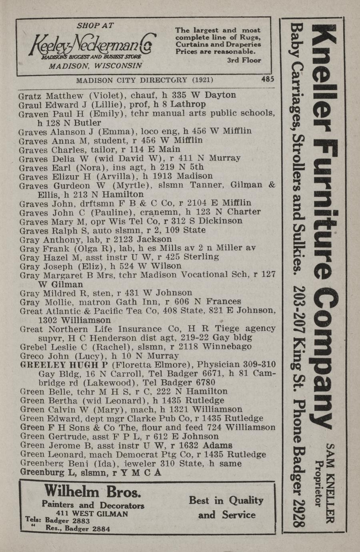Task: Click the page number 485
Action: click(x=268, y=80)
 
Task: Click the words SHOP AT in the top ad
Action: click(x=95, y=25)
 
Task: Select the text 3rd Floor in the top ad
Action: click(x=244, y=60)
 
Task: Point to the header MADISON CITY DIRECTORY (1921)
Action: click(x=144, y=80)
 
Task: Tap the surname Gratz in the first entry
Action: click(x=31, y=96)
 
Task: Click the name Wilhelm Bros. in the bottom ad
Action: click(x=92, y=491)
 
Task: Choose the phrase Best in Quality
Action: click(x=226, y=501)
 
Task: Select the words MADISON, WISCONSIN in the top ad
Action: click(x=95, y=66)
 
